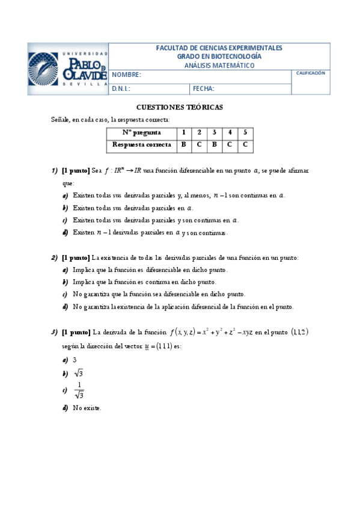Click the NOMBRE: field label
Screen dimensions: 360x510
(126, 75)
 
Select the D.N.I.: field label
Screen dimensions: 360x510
(121, 89)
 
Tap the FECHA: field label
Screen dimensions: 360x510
(204, 89)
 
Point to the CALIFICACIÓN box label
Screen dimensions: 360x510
(311, 73)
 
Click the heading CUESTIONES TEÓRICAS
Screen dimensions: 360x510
(180, 107)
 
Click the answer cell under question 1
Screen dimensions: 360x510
(184, 144)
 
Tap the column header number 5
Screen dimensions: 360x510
(245, 133)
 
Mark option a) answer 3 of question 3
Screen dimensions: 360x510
(75, 360)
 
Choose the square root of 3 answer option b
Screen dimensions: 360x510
(78, 374)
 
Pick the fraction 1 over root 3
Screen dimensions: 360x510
(79, 390)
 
